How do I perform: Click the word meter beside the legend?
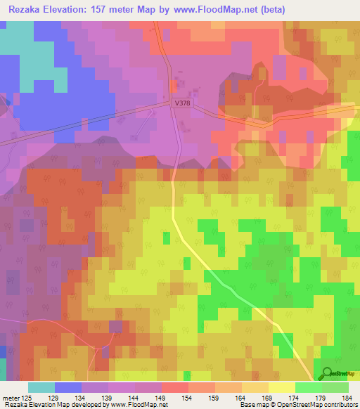(11, 398)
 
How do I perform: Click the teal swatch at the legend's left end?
(41, 387)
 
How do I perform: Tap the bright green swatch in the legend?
(308, 387)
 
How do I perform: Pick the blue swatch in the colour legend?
(68, 387)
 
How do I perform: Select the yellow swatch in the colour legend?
(281, 387)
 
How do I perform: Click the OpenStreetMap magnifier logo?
(325, 374)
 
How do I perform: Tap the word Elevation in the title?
(69, 9)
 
